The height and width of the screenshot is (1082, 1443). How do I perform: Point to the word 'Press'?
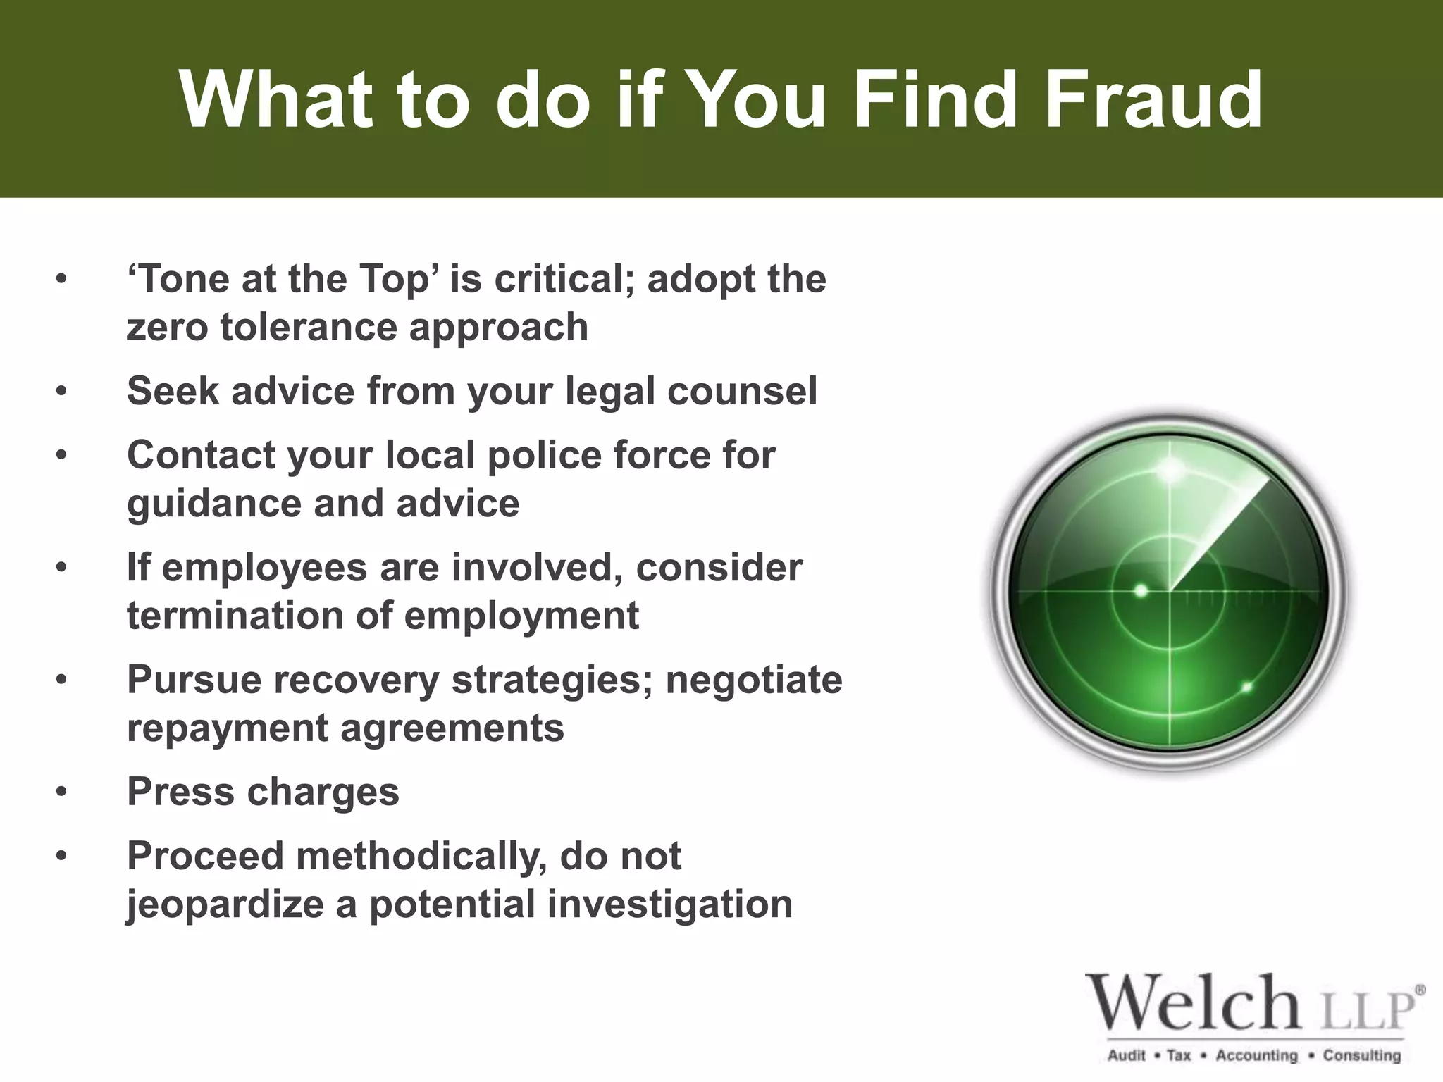(x=180, y=792)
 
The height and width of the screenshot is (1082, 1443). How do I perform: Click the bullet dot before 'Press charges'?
(x=62, y=792)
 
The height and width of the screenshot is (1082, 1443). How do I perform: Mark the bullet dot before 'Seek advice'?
(x=62, y=391)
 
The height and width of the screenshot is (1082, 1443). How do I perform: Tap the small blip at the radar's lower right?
(x=1246, y=687)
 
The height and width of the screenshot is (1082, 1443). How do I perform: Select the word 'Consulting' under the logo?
(x=1361, y=1055)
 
